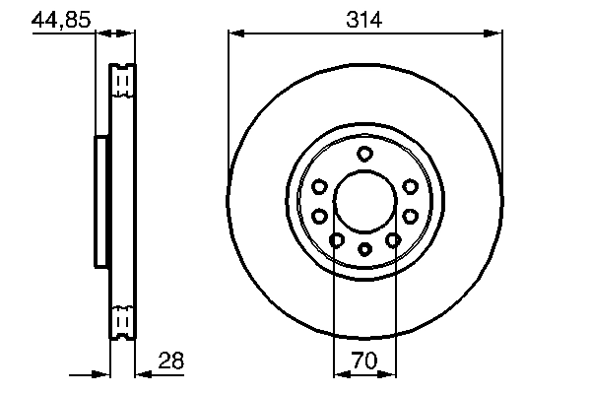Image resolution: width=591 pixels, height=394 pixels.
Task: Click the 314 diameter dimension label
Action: pyautogui.click(x=363, y=19)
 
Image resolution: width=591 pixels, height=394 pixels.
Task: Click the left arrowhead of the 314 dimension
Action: pyautogui.click(x=234, y=34)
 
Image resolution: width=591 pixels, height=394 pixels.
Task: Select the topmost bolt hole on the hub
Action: pyautogui.click(x=364, y=153)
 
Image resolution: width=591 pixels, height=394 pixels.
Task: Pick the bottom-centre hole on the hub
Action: pyautogui.click(x=364, y=249)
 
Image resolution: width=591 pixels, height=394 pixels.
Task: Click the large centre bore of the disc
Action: pyautogui.click(x=364, y=201)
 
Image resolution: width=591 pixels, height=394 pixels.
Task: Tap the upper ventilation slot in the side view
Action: pyautogui.click(x=121, y=81)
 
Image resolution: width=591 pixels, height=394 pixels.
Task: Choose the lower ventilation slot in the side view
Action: pyautogui.click(x=121, y=322)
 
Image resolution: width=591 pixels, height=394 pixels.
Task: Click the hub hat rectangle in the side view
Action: pyautogui.click(x=100, y=201)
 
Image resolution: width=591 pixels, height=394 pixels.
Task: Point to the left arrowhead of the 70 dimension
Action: pyautogui.click(x=341, y=374)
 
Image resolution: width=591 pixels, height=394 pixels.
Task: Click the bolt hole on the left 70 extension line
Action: pyautogui.click(x=336, y=240)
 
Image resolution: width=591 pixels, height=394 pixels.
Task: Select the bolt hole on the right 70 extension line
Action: pyautogui.click(x=393, y=240)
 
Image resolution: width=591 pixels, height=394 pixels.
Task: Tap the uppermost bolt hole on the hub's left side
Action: pyautogui.click(x=319, y=187)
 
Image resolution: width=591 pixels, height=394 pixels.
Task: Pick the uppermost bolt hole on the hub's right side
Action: pyautogui.click(x=410, y=187)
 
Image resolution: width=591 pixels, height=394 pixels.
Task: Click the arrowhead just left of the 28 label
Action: pyautogui.click(x=141, y=374)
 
